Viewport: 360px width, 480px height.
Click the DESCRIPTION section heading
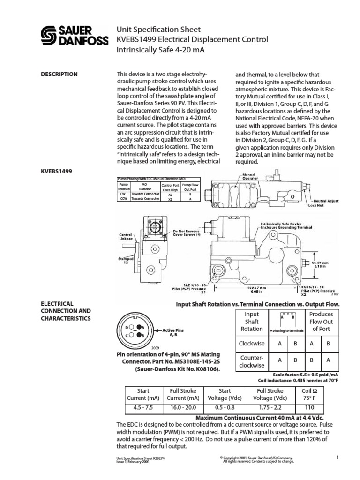tap(60, 74)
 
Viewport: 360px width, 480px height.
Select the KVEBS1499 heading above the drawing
tap(58, 171)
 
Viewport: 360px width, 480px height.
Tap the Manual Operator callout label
tap(250, 177)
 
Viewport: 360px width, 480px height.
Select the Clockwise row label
tap(252, 343)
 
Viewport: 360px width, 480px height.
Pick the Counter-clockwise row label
tap(252, 360)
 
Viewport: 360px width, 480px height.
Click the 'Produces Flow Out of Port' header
tap(322, 321)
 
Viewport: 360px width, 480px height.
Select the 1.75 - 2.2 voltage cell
tap(270, 407)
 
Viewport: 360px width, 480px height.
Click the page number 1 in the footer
tap(337, 457)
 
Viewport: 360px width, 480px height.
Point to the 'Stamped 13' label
tap(126, 261)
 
